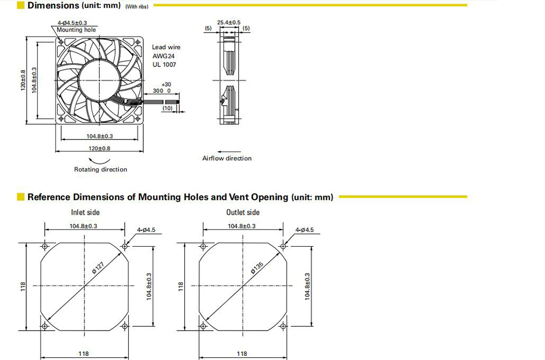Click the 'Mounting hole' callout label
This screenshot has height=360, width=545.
click(76, 30)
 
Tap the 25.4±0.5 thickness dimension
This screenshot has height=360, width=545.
click(229, 22)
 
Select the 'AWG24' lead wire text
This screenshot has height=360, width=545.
click(163, 56)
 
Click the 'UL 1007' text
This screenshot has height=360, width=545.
click(164, 64)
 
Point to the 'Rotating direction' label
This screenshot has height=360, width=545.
click(100, 169)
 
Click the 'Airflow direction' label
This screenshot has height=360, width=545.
click(227, 158)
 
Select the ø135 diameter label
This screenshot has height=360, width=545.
click(257, 267)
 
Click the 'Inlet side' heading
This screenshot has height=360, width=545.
click(85, 212)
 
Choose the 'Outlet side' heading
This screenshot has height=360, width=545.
click(243, 212)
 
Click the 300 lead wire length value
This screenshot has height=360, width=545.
click(158, 91)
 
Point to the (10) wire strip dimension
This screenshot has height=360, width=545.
click(167, 108)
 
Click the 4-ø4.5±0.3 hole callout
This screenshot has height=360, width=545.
click(72, 23)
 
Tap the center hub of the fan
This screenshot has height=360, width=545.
click(99, 80)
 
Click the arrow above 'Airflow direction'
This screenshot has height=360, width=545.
click(229, 152)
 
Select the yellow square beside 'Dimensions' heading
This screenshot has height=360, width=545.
click(21, 5)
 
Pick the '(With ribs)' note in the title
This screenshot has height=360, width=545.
click(137, 7)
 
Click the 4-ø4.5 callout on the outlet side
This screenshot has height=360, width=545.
click(305, 230)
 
